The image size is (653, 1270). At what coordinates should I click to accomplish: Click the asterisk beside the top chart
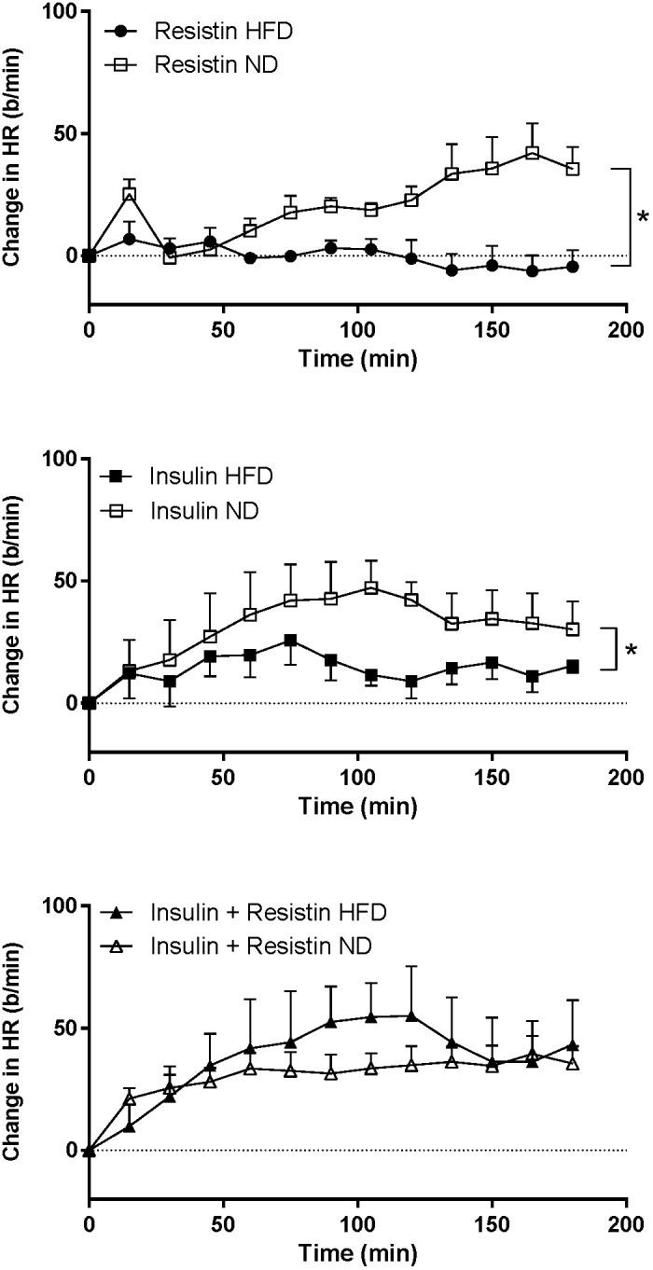pyautogui.click(x=642, y=217)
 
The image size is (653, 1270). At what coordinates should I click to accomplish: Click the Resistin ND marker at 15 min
pyautogui.click(x=130, y=194)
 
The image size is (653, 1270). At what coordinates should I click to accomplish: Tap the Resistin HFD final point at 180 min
pyautogui.click(x=573, y=267)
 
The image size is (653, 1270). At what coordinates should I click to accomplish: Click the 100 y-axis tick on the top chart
pyautogui.click(x=64, y=11)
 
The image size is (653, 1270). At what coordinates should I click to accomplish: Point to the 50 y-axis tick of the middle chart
pyautogui.click(x=69, y=581)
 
